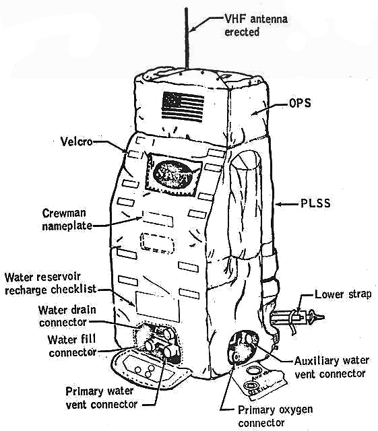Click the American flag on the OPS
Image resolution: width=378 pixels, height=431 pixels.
[x=183, y=106]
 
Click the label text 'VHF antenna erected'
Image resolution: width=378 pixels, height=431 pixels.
[x=256, y=26]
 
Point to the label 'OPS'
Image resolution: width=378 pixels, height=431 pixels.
[x=300, y=103]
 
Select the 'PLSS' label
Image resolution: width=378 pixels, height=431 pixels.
[x=315, y=203]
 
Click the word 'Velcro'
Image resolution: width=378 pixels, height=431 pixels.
[x=76, y=142]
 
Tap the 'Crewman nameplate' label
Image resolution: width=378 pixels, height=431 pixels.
[x=67, y=220]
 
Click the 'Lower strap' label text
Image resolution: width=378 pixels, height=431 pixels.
[x=343, y=294]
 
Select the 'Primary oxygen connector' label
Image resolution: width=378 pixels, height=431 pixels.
[x=275, y=416]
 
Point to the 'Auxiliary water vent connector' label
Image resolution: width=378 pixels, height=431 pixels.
[x=332, y=367]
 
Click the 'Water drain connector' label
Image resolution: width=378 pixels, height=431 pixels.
[x=67, y=316]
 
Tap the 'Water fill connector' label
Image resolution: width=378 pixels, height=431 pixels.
[x=72, y=345]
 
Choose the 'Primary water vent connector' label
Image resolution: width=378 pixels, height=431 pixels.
[x=101, y=397]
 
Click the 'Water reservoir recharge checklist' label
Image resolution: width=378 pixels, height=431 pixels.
[x=51, y=283]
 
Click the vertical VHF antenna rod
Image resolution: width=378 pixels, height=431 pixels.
[x=187, y=38]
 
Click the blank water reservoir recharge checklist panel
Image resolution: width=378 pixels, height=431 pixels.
[x=158, y=307]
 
